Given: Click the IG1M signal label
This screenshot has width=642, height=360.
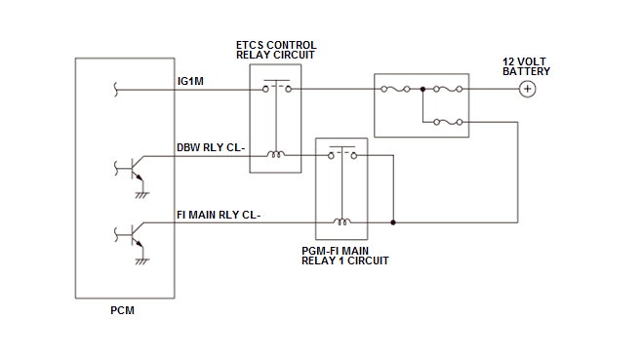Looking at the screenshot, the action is pos(190,81).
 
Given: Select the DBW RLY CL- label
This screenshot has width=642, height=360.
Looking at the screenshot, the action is pos(211,147).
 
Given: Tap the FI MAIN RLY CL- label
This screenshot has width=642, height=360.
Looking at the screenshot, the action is pos(219,215).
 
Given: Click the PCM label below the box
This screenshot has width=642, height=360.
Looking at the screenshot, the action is pos(122,310).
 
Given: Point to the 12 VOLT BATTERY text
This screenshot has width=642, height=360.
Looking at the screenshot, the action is pos(526,66).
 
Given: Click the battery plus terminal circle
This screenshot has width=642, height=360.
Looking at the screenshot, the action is pos(527,89).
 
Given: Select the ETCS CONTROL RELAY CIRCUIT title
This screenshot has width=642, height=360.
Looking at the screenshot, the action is pos(276,50).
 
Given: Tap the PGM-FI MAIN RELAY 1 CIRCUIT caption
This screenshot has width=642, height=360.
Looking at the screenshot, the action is pos(344,256).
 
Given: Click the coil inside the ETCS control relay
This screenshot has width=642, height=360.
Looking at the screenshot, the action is pos(276,154).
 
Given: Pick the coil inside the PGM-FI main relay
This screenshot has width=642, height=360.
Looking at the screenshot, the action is pos(341,221).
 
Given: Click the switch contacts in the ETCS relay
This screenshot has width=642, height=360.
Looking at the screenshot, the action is pos(277,87).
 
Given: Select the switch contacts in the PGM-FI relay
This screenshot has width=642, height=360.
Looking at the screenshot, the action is pos(342,153).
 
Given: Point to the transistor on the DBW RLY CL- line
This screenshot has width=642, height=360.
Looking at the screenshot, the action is pos(133,169).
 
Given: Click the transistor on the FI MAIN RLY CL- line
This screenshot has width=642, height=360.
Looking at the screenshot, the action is pos(133,235).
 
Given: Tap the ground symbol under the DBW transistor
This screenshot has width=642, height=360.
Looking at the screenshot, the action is pos(142,194).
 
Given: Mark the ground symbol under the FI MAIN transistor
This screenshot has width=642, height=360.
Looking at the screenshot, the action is pos(142,261).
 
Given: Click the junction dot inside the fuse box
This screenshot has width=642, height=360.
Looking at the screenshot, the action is pos(422,89).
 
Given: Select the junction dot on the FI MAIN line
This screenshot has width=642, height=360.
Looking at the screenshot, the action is pos(393,222).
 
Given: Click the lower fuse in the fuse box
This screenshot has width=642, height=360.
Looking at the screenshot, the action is pos(448,122).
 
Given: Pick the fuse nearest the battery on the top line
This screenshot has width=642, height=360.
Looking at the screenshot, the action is pos(448,89).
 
